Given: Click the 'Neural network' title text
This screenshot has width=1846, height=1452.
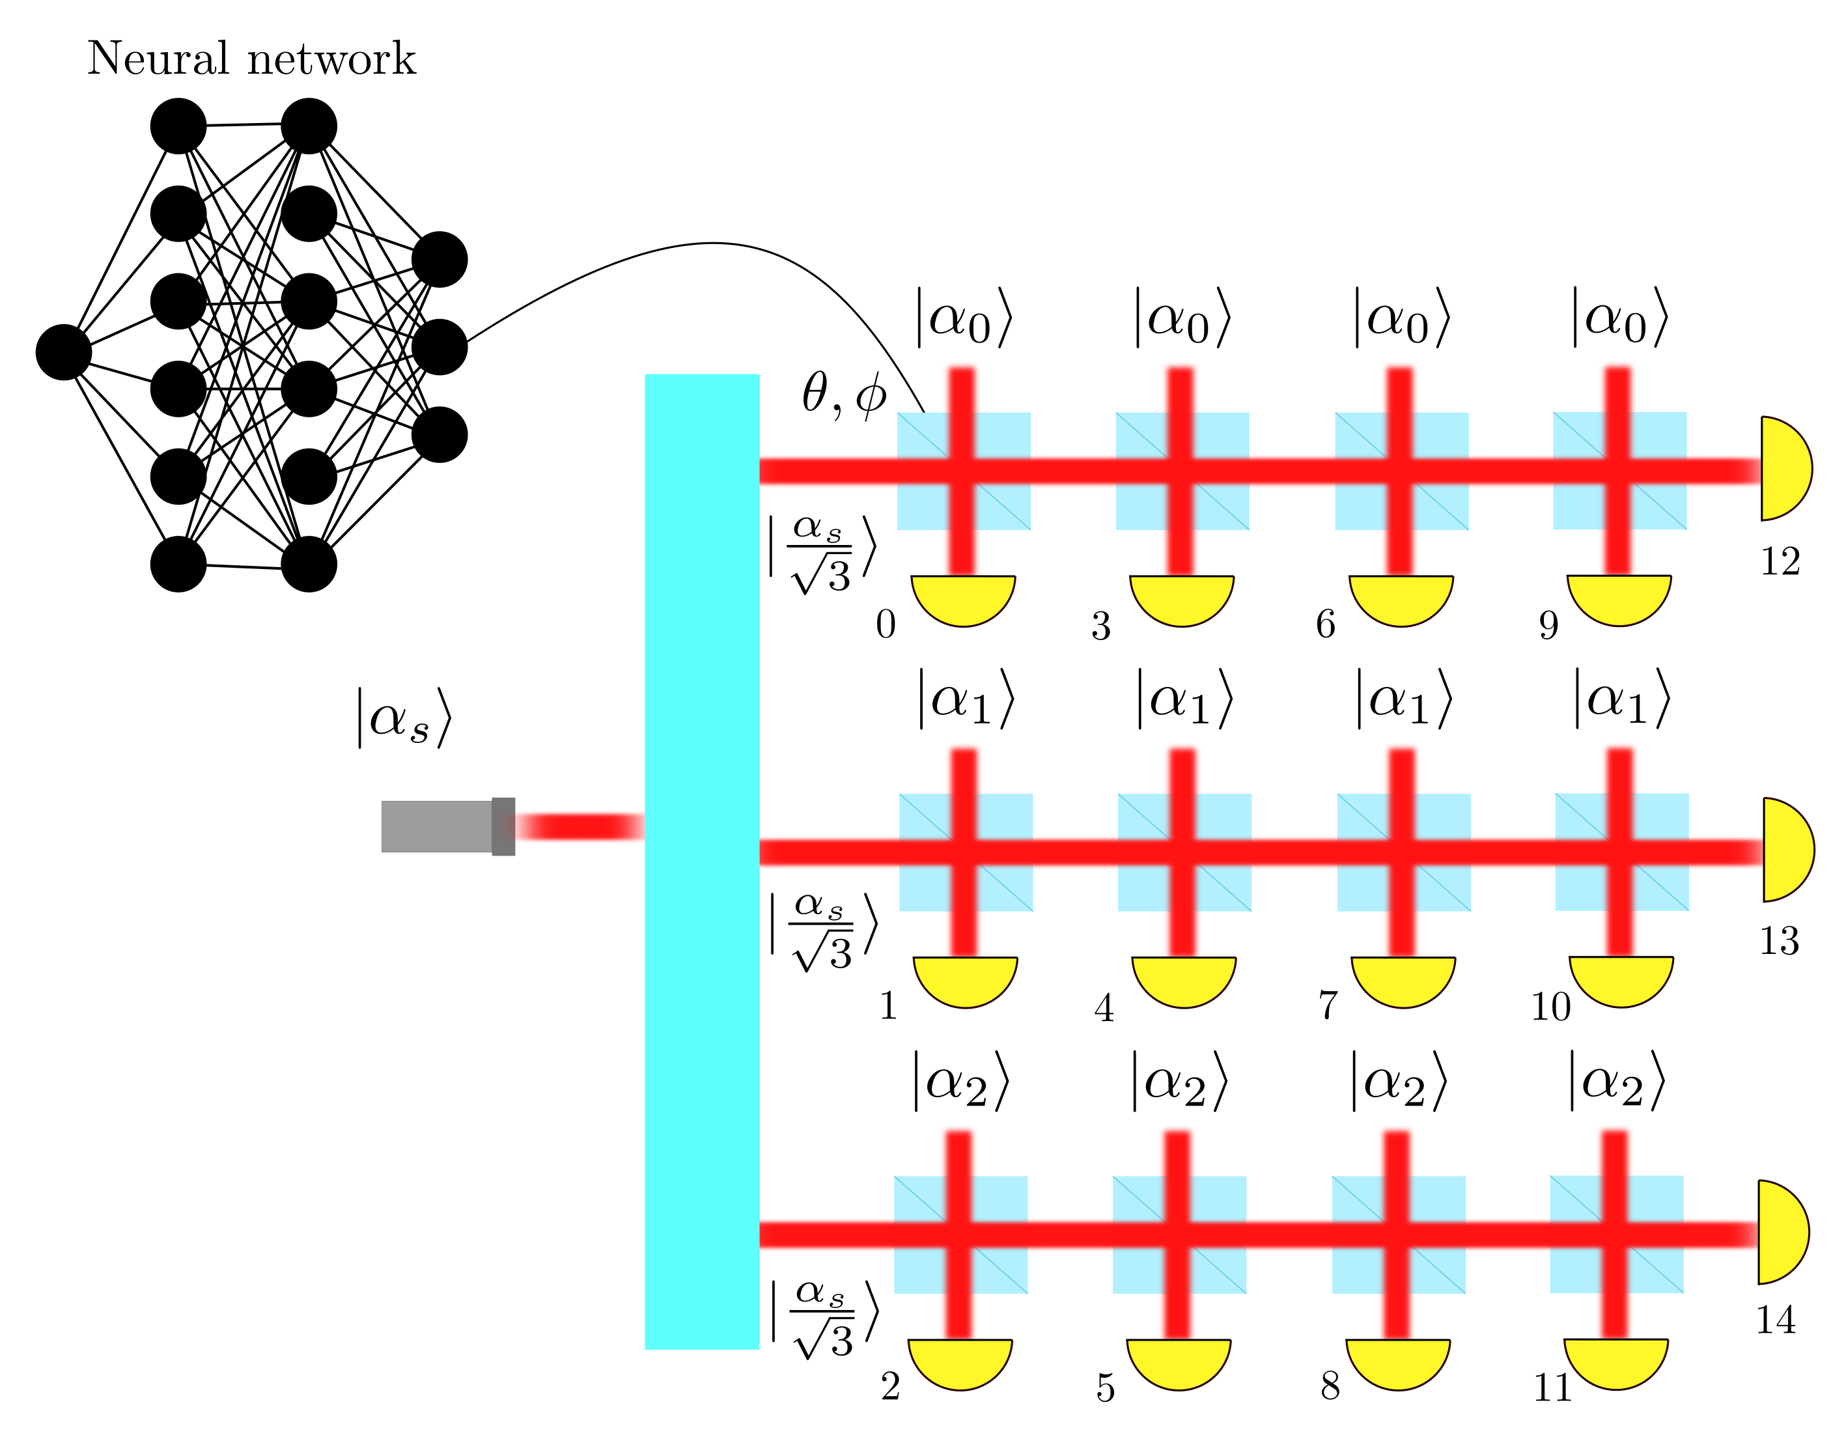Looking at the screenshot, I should coord(251,59).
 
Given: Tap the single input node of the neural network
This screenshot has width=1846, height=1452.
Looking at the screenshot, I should coord(64,352).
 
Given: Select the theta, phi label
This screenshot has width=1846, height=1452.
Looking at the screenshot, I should coord(843,395).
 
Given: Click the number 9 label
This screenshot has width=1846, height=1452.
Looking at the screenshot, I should coord(1548,626).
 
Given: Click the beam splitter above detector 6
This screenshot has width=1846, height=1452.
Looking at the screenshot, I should coord(1401,471).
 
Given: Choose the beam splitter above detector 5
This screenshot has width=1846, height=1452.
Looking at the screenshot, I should coord(1179,1235).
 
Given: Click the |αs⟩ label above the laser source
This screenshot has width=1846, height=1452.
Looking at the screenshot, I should coord(404,718).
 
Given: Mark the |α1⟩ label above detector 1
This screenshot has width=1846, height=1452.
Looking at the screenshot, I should coord(966,699).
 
